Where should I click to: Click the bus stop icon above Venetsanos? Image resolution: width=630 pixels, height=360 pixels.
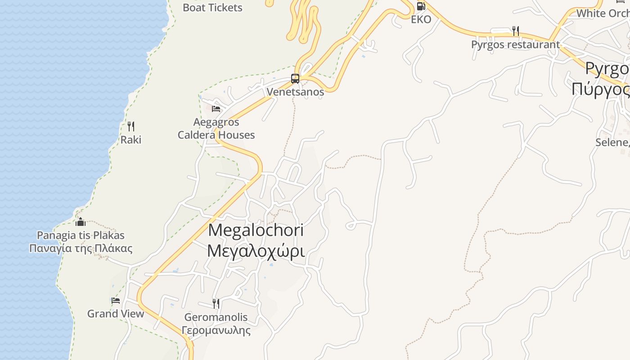point(295,79)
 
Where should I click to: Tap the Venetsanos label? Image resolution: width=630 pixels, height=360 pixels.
point(295,92)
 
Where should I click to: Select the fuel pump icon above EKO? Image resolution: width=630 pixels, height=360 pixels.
point(421,6)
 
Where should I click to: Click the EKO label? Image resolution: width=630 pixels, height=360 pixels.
point(421,19)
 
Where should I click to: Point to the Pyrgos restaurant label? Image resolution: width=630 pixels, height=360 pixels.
point(515,45)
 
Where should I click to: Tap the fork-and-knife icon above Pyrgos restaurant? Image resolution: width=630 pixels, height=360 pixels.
point(516,31)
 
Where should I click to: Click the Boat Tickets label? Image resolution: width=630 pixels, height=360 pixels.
point(213,8)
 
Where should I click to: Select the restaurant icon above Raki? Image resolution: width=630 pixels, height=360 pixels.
point(131,126)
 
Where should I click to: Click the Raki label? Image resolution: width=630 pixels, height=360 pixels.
point(131,139)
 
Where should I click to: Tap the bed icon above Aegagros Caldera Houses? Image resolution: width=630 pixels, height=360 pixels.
point(216,108)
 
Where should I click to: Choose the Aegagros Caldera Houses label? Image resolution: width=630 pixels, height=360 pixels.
point(216,128)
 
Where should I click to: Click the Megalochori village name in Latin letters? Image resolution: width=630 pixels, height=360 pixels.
point(256,230)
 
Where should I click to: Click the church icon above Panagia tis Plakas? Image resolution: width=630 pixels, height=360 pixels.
point(81,222)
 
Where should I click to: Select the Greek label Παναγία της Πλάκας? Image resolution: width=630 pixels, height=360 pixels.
point(81,248)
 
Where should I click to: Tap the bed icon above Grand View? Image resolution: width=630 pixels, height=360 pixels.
point(116,300)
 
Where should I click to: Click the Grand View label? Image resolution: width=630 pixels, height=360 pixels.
point(116,314)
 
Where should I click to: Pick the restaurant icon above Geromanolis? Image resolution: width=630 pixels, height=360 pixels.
point(216,303)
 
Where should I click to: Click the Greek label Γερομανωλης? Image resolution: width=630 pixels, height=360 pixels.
point(216,330)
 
